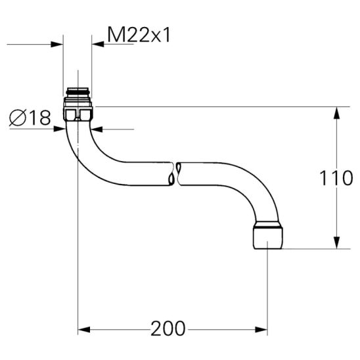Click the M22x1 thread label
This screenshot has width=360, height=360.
click(x=139, y=35)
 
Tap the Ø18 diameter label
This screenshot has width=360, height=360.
click(x=30, y=118)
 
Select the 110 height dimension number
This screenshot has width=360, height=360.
click(x=336, y=178)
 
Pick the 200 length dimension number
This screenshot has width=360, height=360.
click(x=168, y=328)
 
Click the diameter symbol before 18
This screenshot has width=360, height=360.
click(x=18, y=118)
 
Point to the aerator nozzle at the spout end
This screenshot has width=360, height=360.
click(x=268, y=235)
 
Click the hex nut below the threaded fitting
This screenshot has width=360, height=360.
click(x=78, y=114)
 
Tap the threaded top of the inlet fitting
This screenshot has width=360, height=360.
click(x=78, y=92)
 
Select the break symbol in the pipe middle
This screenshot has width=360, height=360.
click(x=175, y=174)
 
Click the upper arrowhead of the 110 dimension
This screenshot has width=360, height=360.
click(x=336, y=113)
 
